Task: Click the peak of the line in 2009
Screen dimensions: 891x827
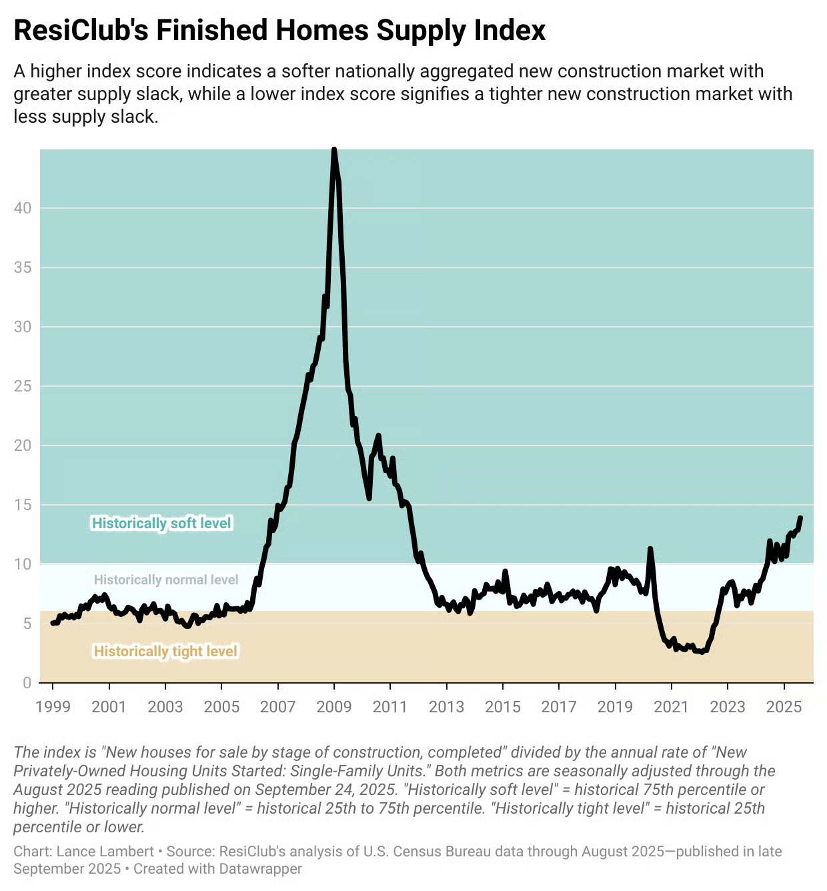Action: pos(334,151)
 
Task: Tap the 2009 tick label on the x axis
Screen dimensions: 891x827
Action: pos(334,707)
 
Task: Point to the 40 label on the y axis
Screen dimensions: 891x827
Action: pos(23,208)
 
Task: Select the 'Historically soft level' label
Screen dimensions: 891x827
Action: pos(161,524)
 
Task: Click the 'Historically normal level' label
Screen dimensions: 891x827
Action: pos(166,580)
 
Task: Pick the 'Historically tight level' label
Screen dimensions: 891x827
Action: pos(165,652)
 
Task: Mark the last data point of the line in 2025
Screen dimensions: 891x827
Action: pos(800,518)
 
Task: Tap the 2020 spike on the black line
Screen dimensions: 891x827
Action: pos(650,549)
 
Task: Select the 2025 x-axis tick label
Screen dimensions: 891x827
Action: pos(784,707)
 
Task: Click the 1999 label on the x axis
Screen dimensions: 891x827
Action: pos(53,707)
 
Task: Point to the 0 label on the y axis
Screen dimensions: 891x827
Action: pos(27,683)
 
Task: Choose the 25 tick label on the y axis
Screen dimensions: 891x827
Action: pos(23,386)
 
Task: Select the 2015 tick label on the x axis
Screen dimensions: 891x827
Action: pos(503,707)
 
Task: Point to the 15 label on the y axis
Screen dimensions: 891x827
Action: pos(23,505)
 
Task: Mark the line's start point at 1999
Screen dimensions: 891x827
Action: pos(53,623)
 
